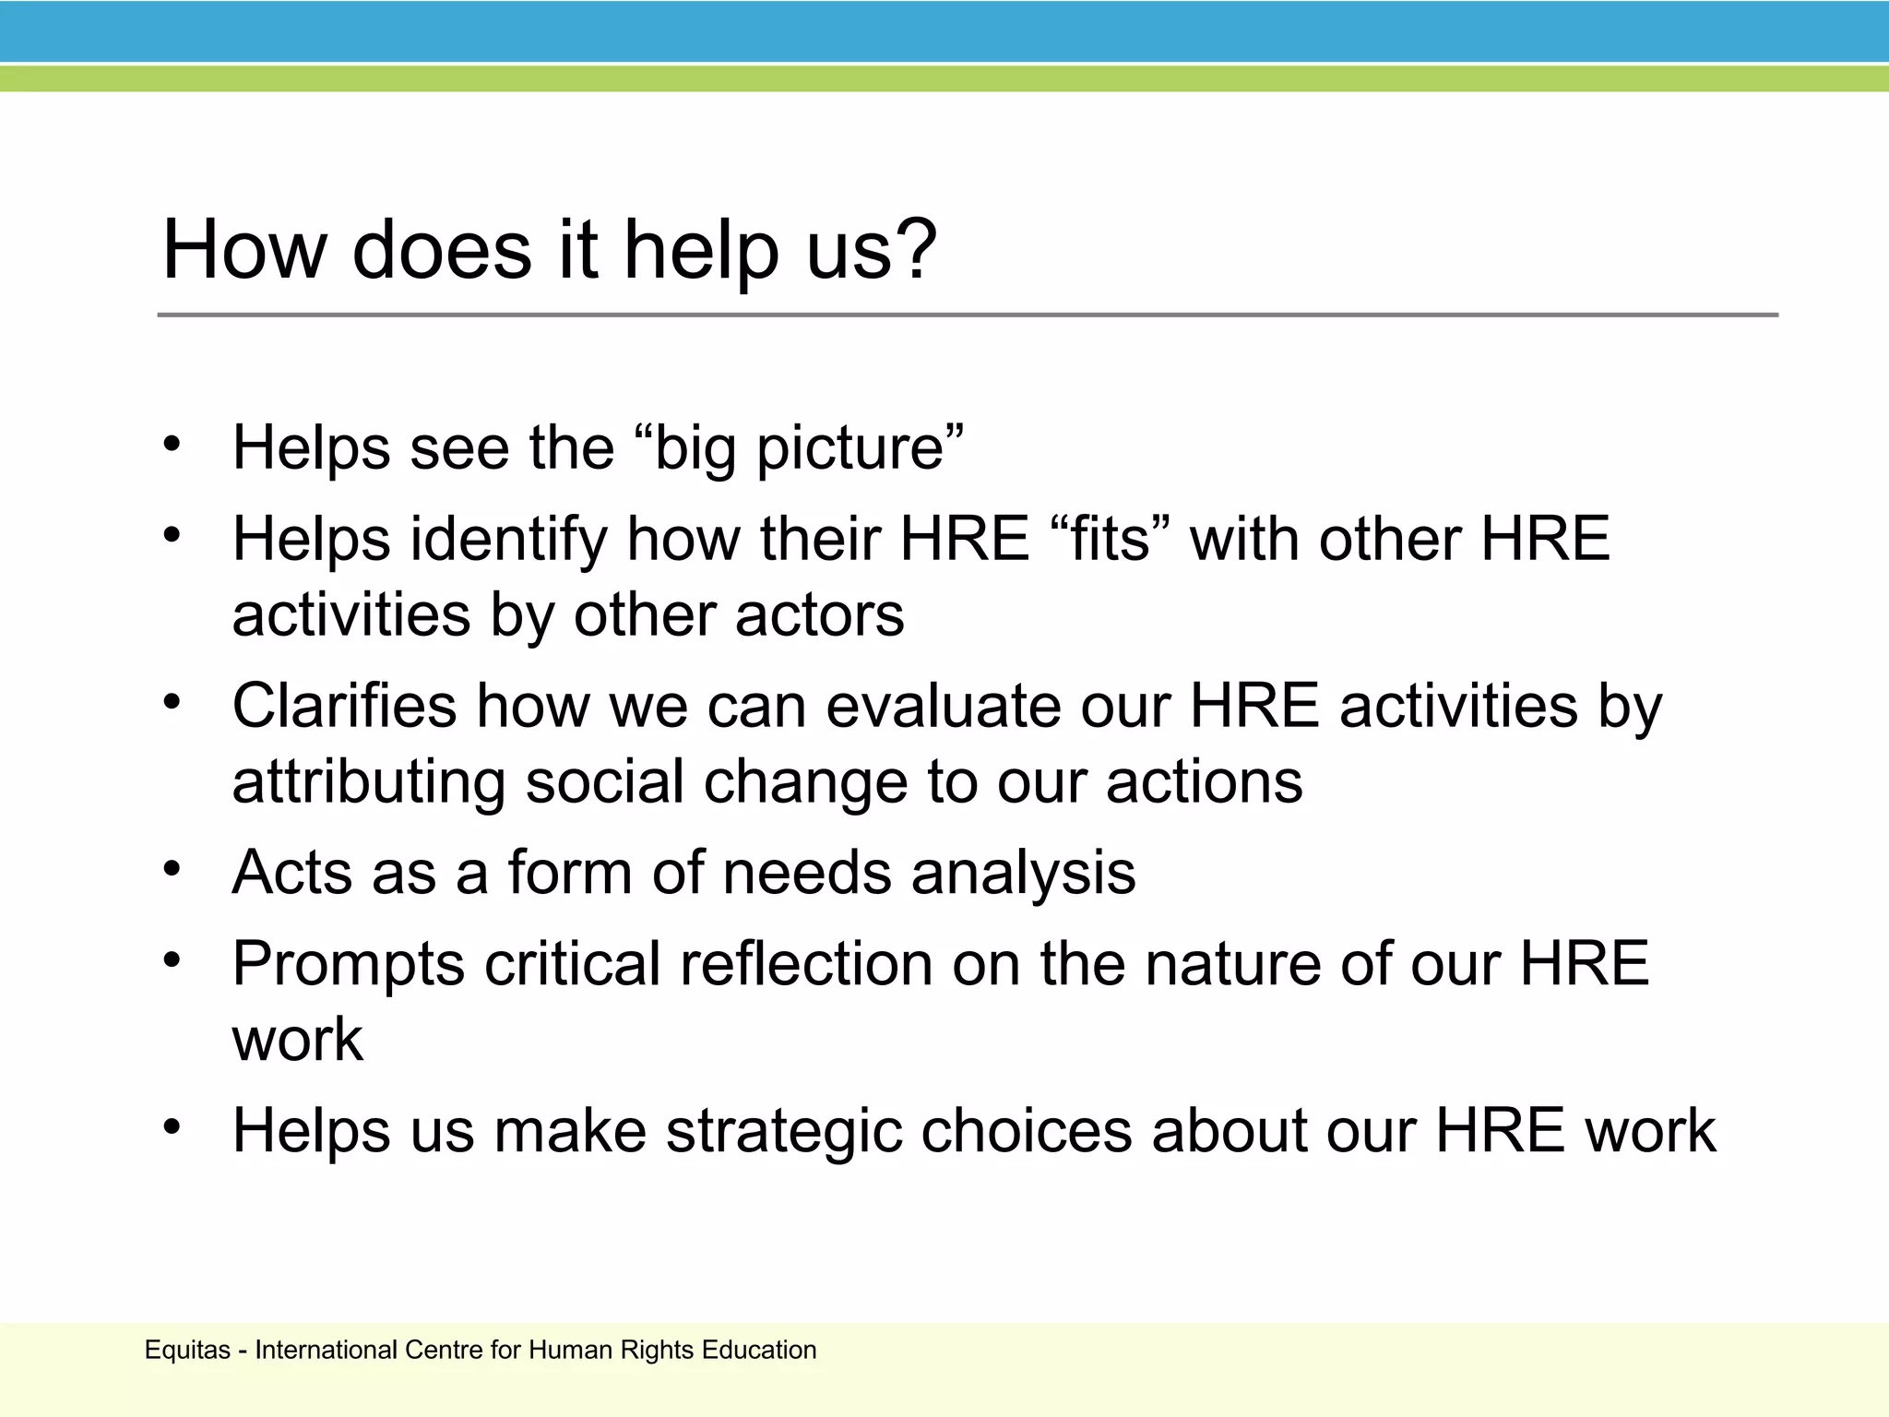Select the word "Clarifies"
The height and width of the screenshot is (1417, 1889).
[x=344, y=707]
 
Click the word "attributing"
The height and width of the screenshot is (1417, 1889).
[x=368, y=783]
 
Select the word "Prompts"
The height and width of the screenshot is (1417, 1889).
[x=349, y=965]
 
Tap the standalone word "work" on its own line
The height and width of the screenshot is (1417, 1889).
[x=297, y=1040]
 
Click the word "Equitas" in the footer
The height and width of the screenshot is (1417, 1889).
[x=187, y=1350]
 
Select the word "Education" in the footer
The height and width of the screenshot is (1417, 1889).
[x=758, y=1350]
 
